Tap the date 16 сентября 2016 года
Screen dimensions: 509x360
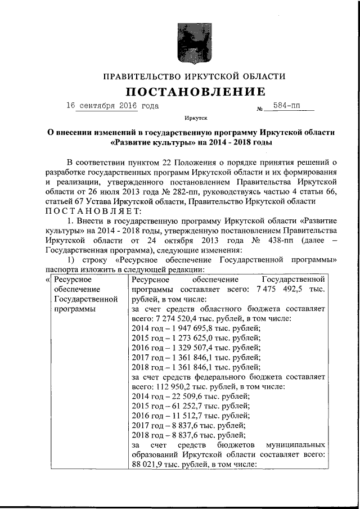point(112,105)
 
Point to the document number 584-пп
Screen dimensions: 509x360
point(286,105)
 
